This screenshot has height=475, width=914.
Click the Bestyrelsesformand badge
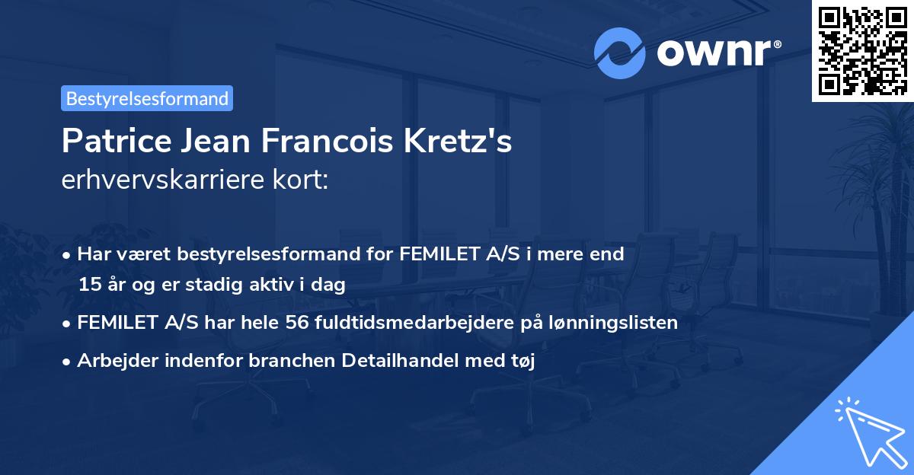147,98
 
